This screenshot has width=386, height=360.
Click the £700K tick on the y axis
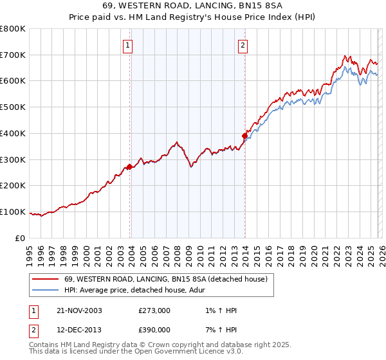(13, 55)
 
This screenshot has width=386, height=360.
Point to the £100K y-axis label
(13, 212)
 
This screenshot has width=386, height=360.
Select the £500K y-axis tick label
(13, 107)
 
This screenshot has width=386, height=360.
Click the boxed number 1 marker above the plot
(129, 45)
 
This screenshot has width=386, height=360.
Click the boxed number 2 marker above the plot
(243, 45)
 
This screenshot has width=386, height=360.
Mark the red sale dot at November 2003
(129, 166)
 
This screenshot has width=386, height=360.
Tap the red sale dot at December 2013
(244, 136)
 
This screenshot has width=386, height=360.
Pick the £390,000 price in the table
(154, 329)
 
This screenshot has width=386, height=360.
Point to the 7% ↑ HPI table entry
(219, 329)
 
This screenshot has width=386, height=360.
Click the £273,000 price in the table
(154, 310)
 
